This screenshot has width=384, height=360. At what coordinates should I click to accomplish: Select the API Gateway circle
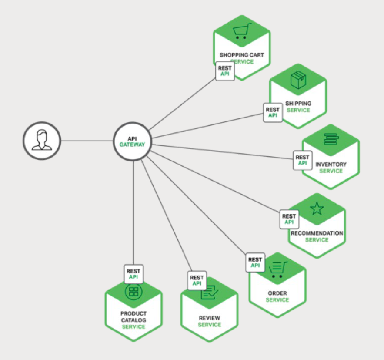(132, 141)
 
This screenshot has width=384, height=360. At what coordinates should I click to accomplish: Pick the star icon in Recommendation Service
(317, 209)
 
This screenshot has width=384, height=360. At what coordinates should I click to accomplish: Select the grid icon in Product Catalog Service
(133, 291)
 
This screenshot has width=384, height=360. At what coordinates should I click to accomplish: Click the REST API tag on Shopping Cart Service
(225, 71)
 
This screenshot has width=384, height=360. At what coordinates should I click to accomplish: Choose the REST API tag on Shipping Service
(273, 112)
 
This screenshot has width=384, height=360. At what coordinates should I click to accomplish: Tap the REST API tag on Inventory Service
(302, 160)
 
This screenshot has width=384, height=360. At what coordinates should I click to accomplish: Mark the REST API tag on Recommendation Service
(289, 219)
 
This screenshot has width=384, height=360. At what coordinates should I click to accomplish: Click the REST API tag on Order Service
(255, 262)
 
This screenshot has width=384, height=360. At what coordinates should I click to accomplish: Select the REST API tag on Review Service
(197, 280)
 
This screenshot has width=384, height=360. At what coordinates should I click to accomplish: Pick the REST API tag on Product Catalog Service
(134, 274)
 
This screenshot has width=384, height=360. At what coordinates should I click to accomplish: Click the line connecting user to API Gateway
(87, 141)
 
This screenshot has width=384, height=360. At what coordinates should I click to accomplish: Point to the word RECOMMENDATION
(317, 233)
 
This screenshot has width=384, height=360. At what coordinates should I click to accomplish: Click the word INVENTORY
(331, 165)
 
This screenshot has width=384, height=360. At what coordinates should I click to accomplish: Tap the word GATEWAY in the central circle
(132, 145)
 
